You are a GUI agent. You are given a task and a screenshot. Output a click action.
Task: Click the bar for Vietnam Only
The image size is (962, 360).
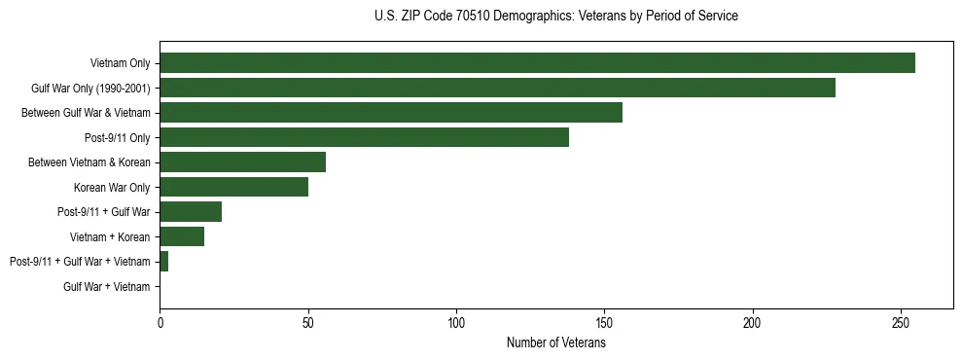[x=537, y=63]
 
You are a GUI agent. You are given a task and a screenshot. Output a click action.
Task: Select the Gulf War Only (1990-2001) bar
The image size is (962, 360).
[x=497, y=88]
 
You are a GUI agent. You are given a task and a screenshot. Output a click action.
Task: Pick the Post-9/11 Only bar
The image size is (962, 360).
[x=364, y=137]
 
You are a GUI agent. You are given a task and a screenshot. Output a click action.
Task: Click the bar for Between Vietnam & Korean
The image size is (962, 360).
[x=242, y=162]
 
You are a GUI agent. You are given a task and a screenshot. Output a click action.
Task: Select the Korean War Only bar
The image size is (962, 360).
[x=233, y=187]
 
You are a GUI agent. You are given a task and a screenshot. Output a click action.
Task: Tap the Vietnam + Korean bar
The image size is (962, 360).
[x=182, y=236]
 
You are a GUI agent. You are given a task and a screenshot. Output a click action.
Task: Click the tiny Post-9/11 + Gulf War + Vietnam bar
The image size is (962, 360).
[x=164, y=262]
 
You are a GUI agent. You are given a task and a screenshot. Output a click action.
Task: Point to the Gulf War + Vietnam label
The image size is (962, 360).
[x=107, y=286]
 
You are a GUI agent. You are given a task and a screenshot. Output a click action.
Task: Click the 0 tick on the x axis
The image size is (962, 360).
[x=160, y=320]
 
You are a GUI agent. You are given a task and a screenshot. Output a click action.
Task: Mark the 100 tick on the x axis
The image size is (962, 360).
[x=456, y=320]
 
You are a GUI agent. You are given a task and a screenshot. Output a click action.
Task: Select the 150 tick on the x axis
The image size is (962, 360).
[x=604, y=320]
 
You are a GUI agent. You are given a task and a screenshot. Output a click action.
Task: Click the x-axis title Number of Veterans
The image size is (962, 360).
[x=555, y=342]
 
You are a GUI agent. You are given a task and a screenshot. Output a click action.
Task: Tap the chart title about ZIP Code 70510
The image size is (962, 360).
[x=555, y=17]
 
